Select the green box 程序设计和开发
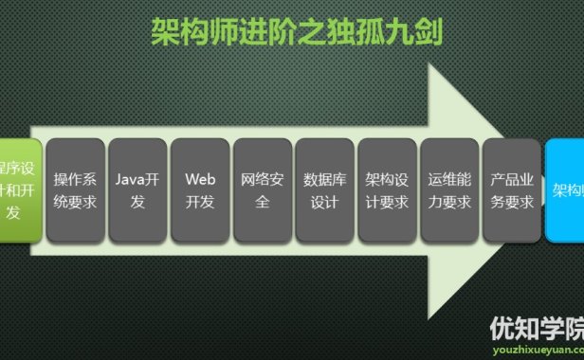(19, 189)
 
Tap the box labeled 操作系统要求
(75, 189)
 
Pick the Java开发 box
(137, 189)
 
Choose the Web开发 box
(200, 189)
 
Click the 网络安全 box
(263, 189)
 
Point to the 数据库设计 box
(325, 189)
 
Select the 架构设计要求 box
(387, 189)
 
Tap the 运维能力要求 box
(449, 189)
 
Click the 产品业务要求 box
(512, 189)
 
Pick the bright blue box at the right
(565, 189)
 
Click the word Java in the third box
(130, 178)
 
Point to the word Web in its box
(200, 178)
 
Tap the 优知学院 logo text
(537, 328)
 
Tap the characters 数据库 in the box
(325, 178)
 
